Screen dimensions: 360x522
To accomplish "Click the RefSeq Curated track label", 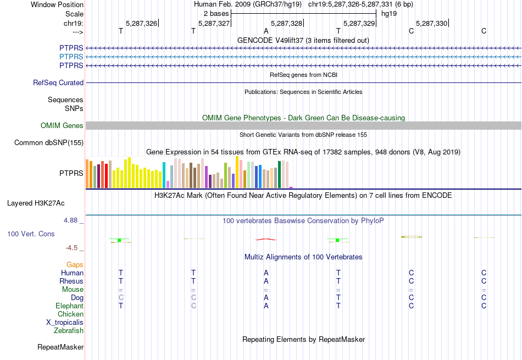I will (58, 83).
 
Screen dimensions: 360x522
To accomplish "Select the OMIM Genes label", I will (62, 126).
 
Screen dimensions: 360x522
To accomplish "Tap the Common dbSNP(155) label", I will (49, 143).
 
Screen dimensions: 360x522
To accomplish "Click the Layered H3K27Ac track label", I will (36, 203).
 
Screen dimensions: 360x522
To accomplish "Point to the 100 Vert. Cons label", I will (31, 234).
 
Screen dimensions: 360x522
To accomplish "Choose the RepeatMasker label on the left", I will (60, 347).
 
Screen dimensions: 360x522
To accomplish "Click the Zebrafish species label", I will (69, 331).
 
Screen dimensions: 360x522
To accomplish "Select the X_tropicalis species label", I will (65, 323).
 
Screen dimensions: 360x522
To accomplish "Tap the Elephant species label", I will (69, 306).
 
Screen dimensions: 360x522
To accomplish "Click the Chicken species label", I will (70, 314).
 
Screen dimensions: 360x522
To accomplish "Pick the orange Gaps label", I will (75, 265).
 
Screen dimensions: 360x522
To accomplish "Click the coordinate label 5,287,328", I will (286, 23).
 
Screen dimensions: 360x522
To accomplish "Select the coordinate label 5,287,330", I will (431, 23).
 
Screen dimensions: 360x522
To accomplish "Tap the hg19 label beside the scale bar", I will (389, 13).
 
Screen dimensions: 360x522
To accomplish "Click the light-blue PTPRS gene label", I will (71, 57).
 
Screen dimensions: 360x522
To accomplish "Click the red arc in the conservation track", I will (266, 239).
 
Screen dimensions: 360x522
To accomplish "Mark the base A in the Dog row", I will (266, 298).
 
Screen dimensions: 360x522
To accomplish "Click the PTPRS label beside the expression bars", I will (71, 173).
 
